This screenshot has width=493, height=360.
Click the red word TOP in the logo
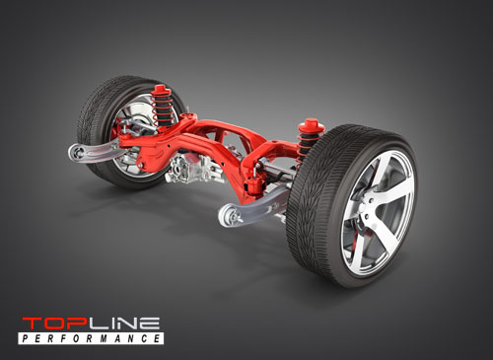[49, 324]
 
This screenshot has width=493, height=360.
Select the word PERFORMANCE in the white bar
[90, 338]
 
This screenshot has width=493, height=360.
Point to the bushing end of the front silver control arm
[228, 215]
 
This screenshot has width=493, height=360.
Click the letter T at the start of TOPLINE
[29, 324]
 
